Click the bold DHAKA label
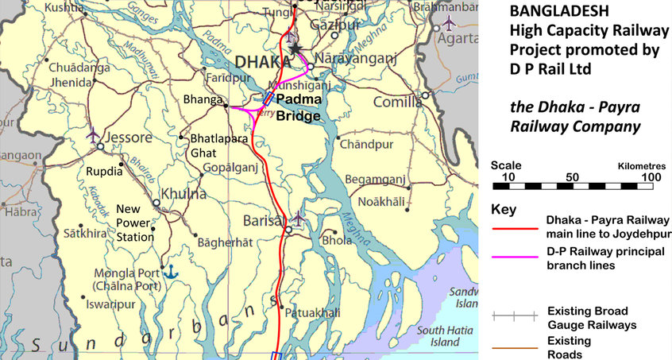262,62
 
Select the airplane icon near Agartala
451,21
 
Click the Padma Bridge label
298,107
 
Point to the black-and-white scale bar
573,187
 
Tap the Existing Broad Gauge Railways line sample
514,315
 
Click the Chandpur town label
366,145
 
